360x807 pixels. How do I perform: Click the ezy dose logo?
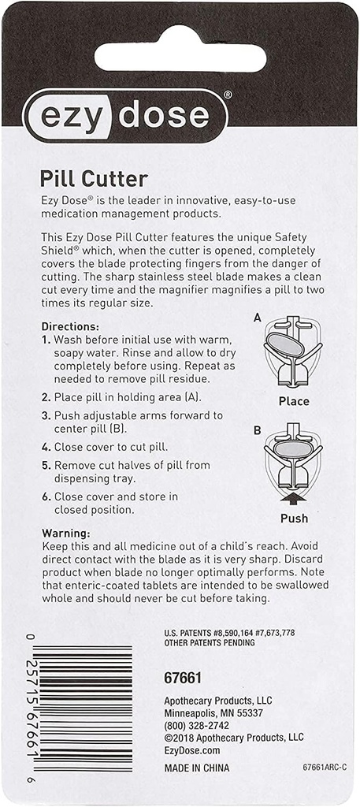[126, 115]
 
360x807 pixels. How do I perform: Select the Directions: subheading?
[70, 326]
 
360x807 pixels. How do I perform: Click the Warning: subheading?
[66, 533]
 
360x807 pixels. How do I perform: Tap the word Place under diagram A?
[294, 401]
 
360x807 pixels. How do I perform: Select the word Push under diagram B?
[294, 519]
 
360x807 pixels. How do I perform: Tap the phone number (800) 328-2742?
[198, 724]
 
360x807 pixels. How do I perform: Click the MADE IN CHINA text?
[197, 768]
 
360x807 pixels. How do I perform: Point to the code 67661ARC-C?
[324, 767]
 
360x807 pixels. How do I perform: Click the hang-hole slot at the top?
[180, 57]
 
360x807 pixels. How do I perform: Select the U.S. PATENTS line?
[228, 632]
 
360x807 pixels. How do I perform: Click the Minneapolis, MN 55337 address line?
[213, 712]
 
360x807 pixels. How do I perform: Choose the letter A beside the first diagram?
[257, 318]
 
